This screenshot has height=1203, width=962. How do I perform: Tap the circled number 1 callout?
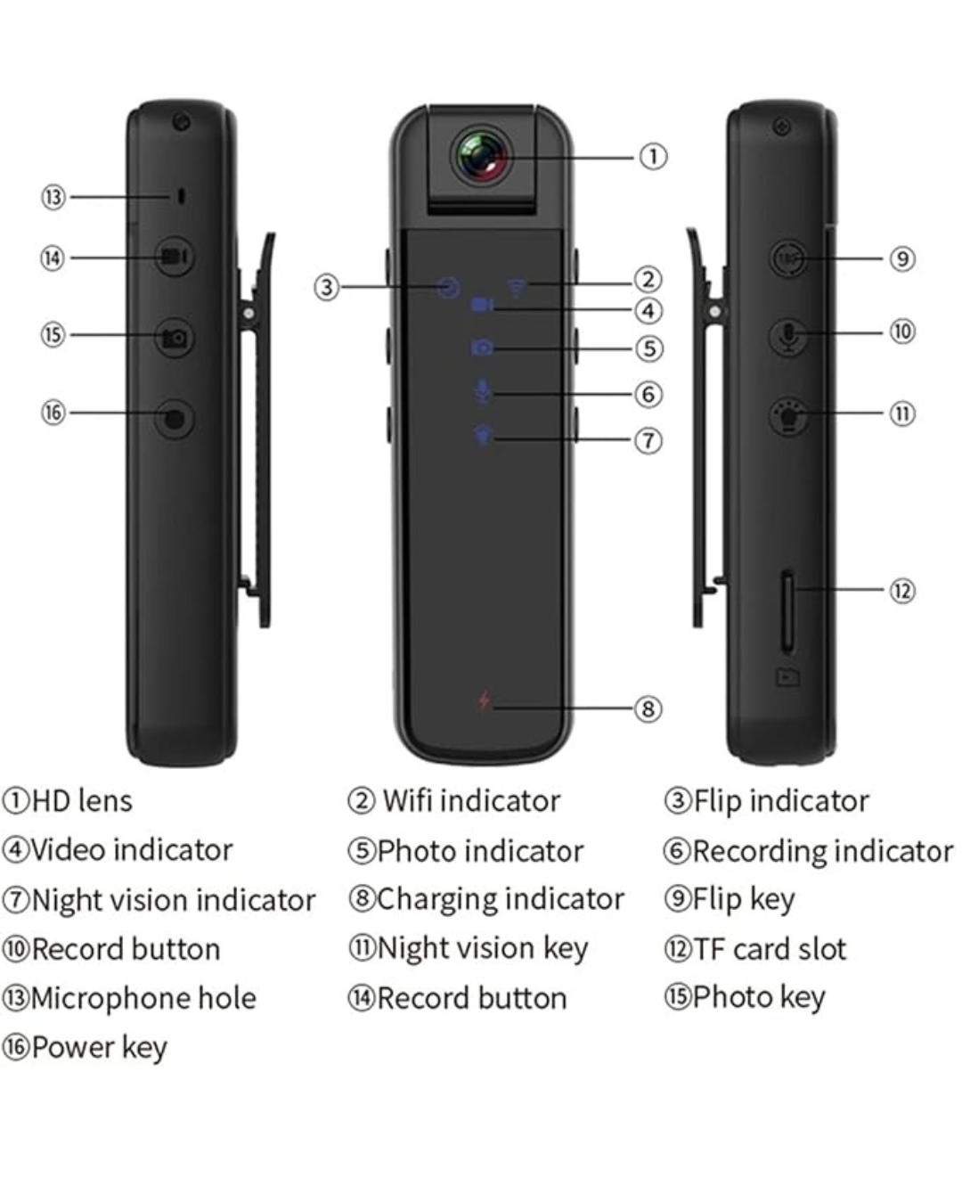click(653, 157)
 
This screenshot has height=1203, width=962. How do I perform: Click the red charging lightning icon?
click(484, 700)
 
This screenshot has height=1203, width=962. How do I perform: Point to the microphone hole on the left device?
click(182, 196)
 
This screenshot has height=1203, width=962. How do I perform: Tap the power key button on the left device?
click(175, 417)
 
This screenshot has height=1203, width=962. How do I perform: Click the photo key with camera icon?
click(174, 338)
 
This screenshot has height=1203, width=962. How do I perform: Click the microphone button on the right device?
click(788, 336)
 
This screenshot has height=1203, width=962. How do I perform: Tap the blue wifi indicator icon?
click(517, 287)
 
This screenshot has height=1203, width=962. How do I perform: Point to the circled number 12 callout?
click(902, 590)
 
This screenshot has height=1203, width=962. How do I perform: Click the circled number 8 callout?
click(648, 708)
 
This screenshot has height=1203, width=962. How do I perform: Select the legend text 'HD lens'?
click(81, 801)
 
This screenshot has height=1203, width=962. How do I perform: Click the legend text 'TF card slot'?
click(770, 949)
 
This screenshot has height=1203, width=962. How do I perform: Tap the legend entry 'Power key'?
click(99, 1047)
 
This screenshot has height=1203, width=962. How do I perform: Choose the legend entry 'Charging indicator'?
click(500, 899)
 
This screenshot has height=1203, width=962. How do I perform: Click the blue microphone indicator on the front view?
click(482, 391)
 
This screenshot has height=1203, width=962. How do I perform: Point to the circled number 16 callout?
click(53, 413)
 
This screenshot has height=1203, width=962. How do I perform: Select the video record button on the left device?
click(174, 258)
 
